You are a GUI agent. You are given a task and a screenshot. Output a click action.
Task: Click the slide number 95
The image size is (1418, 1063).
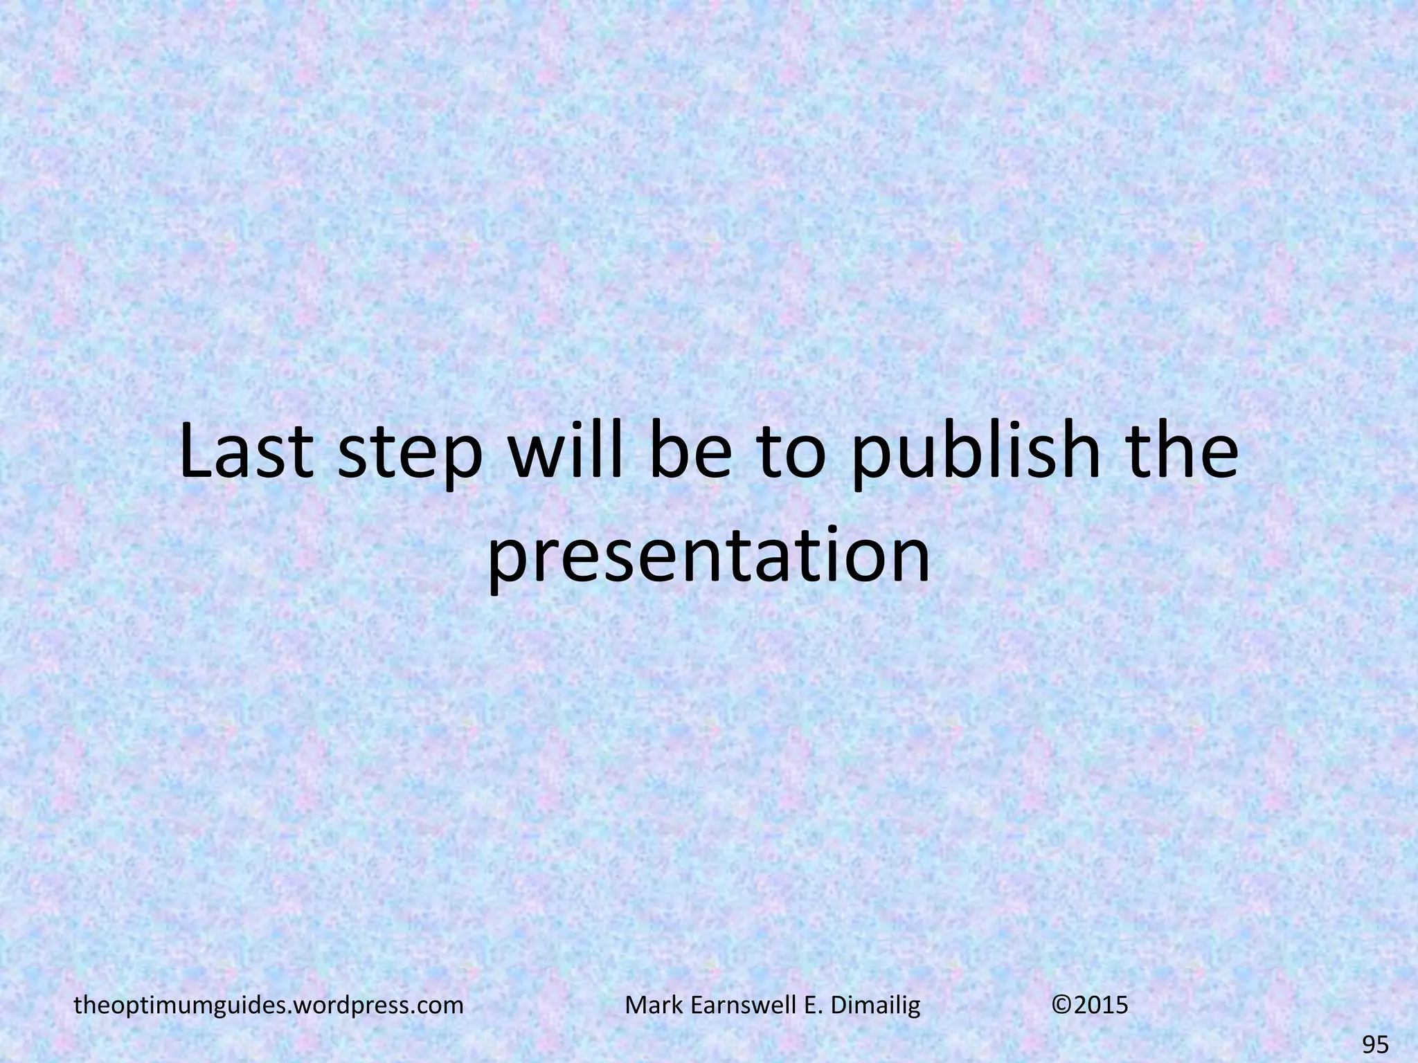[x=1374, y=1044]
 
